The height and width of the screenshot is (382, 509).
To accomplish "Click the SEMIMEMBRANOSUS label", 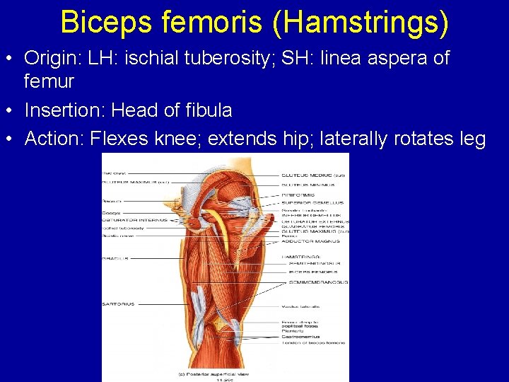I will (317, 282).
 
